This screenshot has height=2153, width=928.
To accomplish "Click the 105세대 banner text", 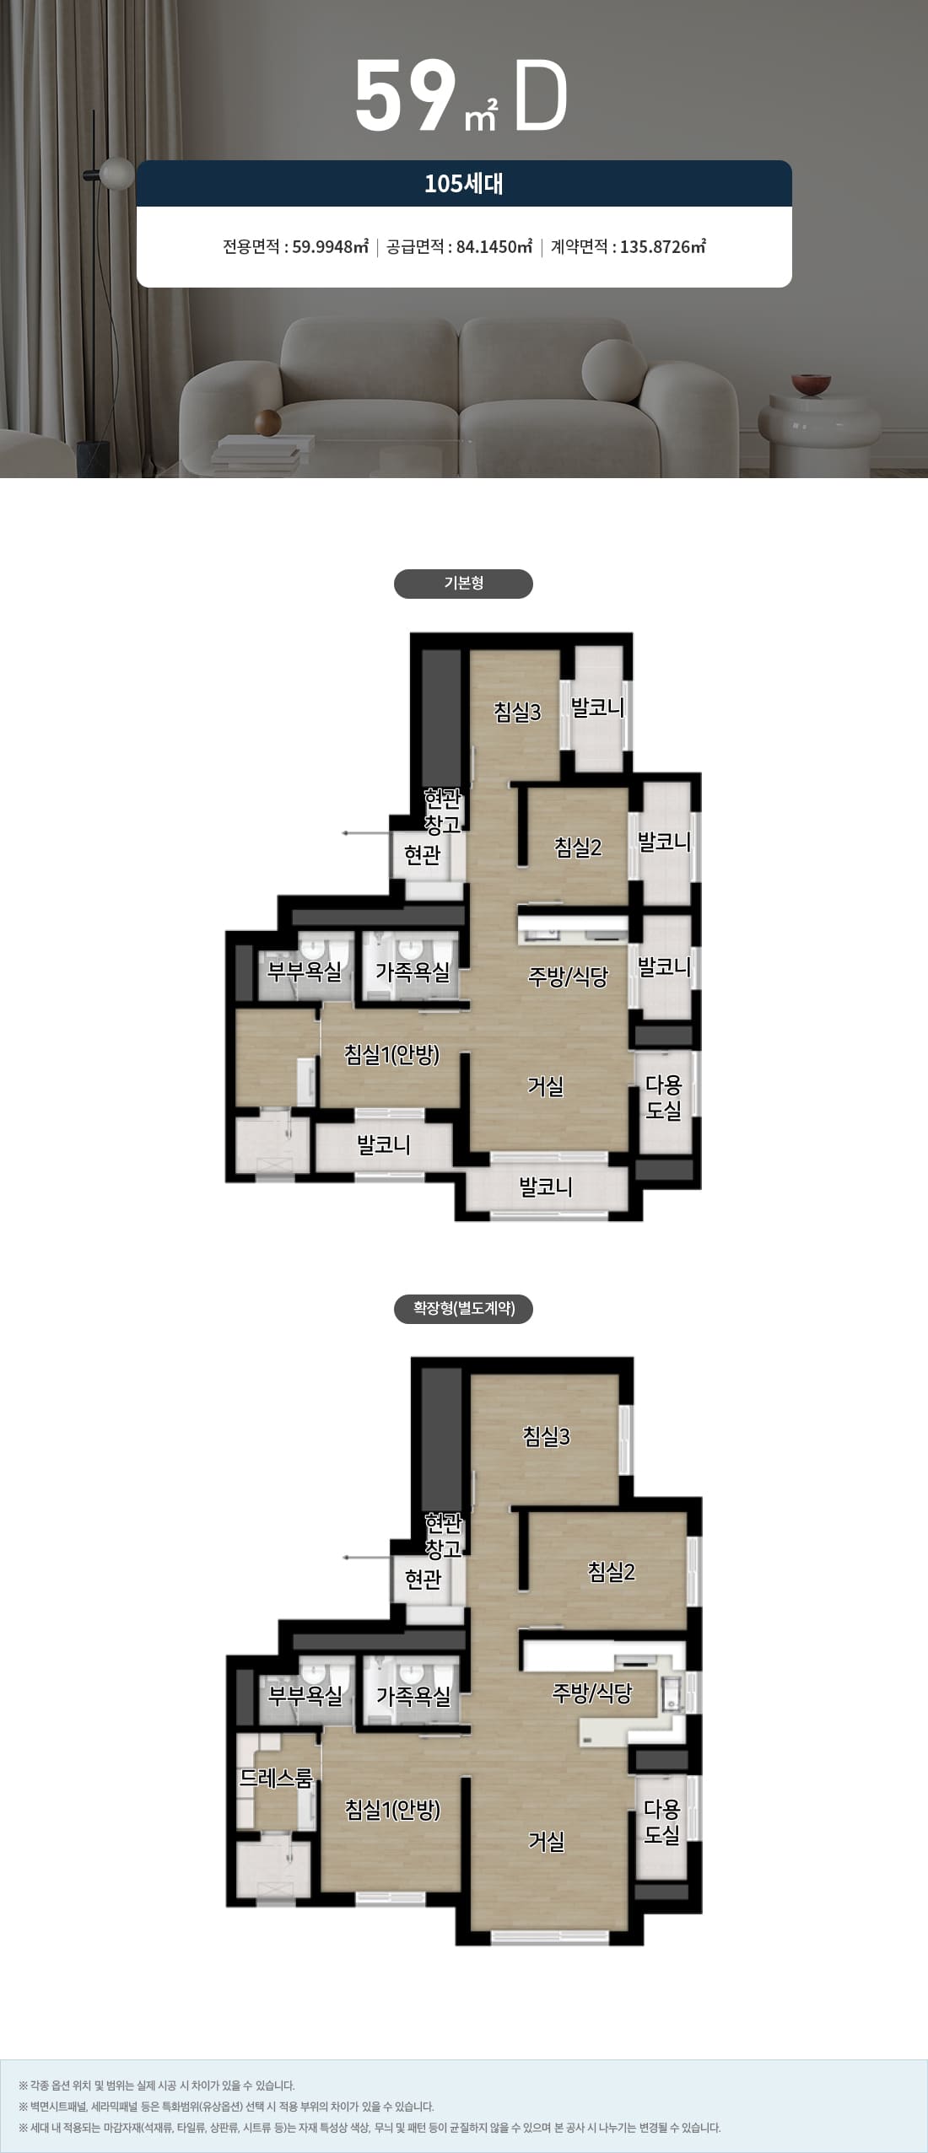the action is [463, 184].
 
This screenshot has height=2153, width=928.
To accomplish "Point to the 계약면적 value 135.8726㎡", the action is [663, 247].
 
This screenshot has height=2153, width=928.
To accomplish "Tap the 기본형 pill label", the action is [463, 584].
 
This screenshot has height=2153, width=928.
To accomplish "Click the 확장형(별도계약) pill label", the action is [463, 1309].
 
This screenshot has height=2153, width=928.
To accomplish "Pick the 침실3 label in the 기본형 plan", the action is [517, 713].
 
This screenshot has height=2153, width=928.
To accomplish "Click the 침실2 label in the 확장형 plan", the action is [611, 1572].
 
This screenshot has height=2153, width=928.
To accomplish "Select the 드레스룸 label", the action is [276, 1779].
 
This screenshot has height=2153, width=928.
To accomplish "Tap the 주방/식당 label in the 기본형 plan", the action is [568, 977].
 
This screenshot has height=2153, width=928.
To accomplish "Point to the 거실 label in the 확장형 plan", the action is [546, 1842].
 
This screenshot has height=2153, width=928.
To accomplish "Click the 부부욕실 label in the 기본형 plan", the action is [305, 972].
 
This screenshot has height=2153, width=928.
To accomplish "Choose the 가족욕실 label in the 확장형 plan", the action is [413, 1696].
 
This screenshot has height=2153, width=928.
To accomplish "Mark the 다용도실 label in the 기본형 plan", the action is [663, 1097].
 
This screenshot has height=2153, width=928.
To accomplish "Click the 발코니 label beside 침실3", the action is [597, 708].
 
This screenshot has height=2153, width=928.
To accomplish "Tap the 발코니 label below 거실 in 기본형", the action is [546, 1187].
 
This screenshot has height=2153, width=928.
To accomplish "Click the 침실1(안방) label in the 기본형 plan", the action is [392, 1054].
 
